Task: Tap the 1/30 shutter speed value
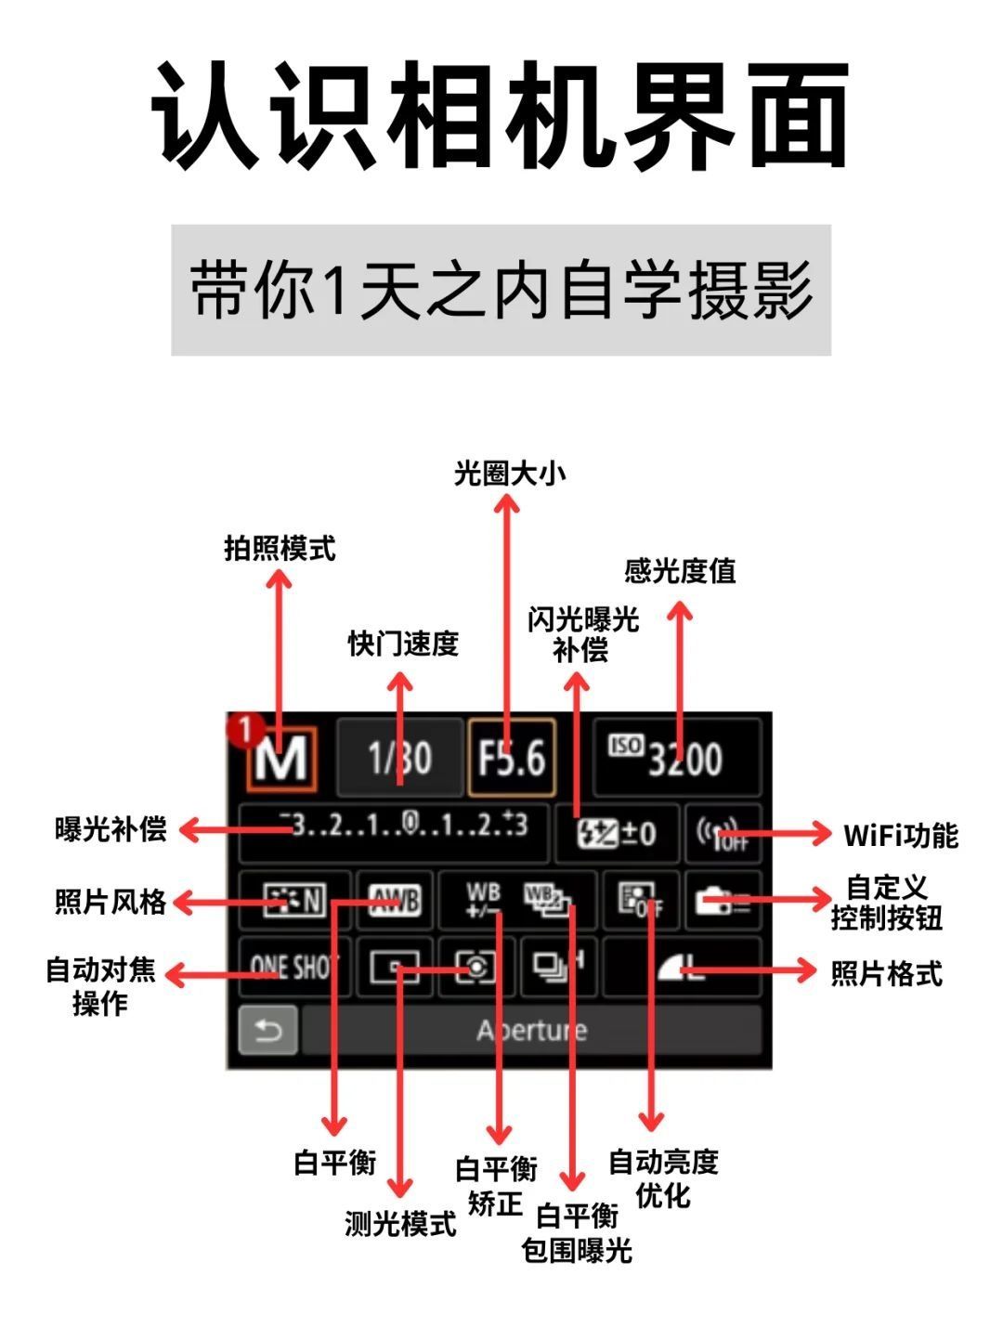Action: pyautogui.click(x=399, y=759)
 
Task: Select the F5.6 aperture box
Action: pyautogui.click(x=512, y=759)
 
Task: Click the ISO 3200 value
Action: pyautogui.click(x=677, y=759)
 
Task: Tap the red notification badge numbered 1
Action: pyautogui.click(x=245, y=730)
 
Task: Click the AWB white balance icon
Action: pyautogui.click(x=395, y=900)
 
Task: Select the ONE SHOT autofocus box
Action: pyautogui.click(x=293, y=968)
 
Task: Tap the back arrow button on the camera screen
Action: pyautogui.click(x=267, y=1031)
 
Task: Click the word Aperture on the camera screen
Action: pyautogui.click(x=532, y=1031)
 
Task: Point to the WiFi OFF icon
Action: pyautogui.click(x=723, y=834)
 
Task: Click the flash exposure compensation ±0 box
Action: pyautogui.click(x=617, y=834)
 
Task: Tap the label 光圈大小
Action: pyautogui.click(x=509, y=474)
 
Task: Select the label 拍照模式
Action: pyautogui.click(x=280, y=548)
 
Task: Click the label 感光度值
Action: pyautogui.click(x=680, y=570)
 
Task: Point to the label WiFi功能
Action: pyautogui.click(x=900, y=835)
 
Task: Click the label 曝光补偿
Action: pyautogui.click(x=111, y=828)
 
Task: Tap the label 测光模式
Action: pyautogui.click(x=400, y=1224)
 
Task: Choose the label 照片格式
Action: pyautogui.click(x=886, y=973)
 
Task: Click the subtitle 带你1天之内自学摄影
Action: pyautogui.click(x=501, y=290)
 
